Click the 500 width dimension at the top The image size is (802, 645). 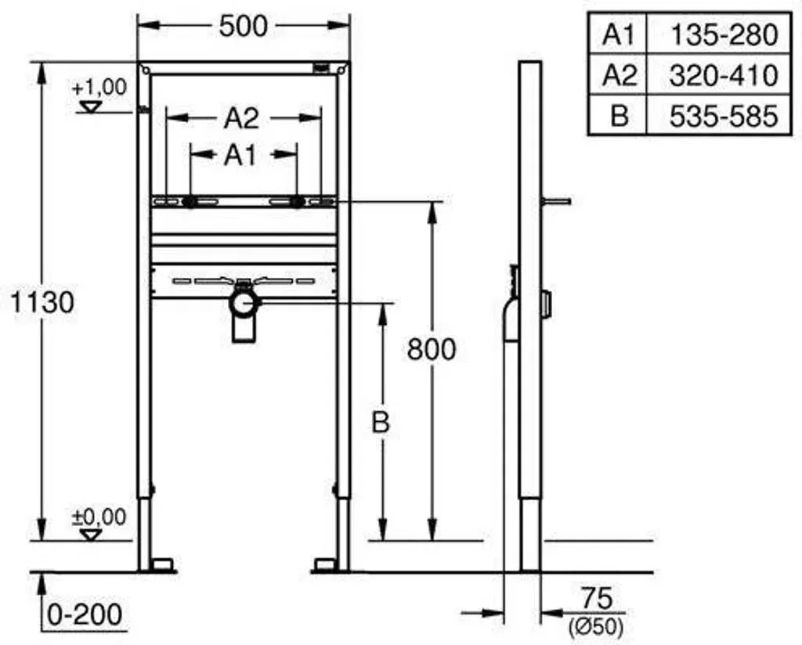tap(243, 26)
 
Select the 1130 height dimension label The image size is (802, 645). tap(42, 302)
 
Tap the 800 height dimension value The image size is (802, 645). tap(432, 350)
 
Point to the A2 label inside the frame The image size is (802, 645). tap(241, 119)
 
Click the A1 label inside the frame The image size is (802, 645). tap(240, 155)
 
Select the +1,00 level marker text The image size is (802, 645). tap(99, 88)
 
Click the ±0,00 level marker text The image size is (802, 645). tap(99, 517)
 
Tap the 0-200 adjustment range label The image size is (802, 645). tap(85, 614)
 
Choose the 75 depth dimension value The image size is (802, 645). tap(596, 598)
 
